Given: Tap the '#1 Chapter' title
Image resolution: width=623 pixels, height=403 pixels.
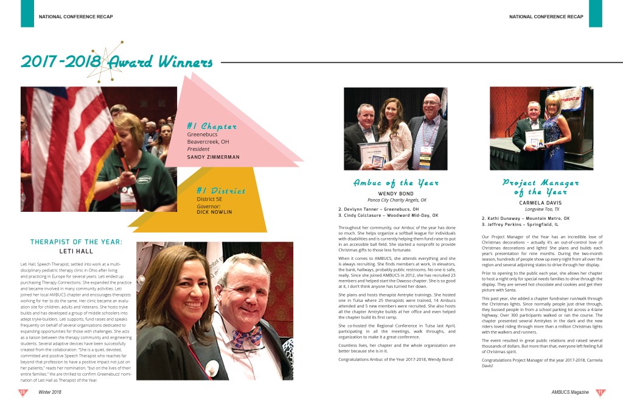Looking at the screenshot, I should click(211, 126).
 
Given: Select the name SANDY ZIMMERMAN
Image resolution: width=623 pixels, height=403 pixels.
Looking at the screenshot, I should click(213, 157).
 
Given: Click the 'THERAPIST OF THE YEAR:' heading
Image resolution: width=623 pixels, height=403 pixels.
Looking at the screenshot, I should click(77, 242).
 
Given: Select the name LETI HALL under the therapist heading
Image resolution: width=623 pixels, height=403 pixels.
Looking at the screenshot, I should click(75, 251).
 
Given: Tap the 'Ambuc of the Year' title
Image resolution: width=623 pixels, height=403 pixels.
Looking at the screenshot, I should click(396, 183).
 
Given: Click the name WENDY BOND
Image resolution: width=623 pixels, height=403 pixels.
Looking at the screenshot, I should click(395, 194).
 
